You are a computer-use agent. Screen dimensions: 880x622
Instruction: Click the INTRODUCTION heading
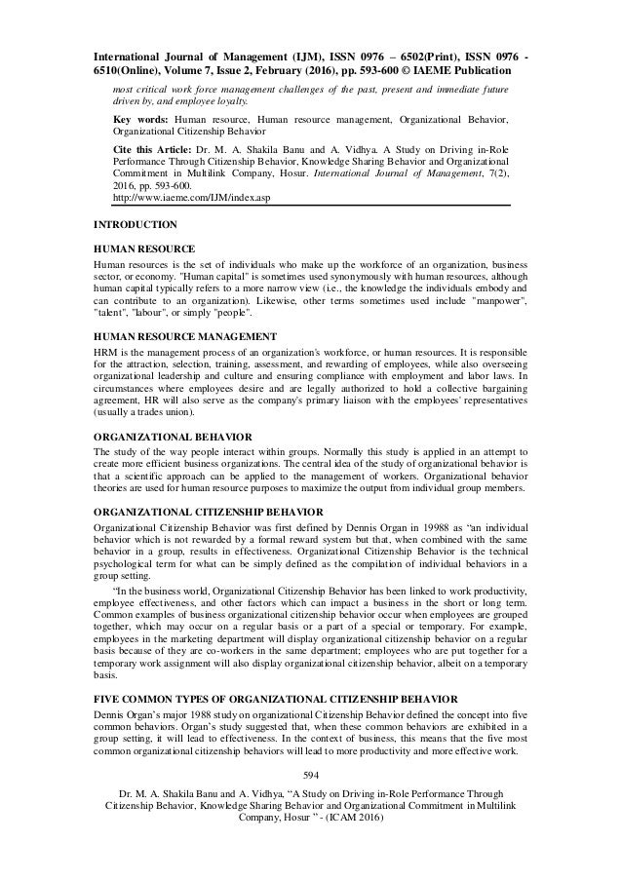click(136, 225)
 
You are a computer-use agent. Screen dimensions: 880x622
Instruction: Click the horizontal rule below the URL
click(311, 207)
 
